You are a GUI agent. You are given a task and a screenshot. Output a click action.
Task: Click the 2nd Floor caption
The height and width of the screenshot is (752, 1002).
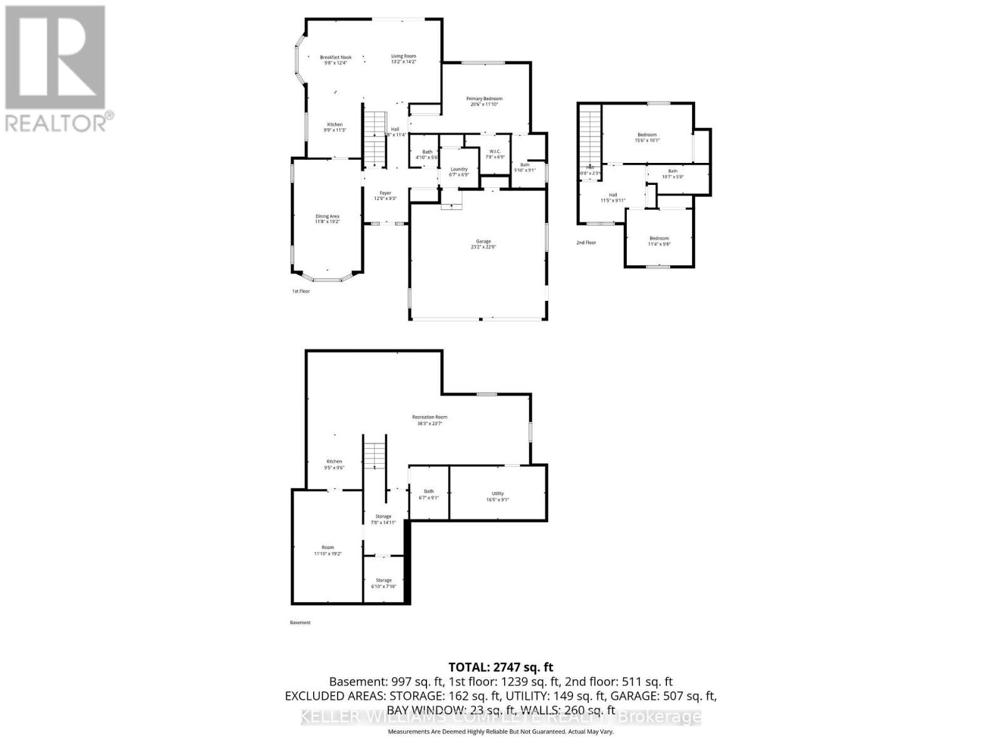(x=586, y=243)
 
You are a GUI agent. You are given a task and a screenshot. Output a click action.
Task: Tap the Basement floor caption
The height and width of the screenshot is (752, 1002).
(x=300, y=622)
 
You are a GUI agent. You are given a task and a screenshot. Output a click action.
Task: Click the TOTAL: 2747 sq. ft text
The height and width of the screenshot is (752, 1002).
(x=501, y=667)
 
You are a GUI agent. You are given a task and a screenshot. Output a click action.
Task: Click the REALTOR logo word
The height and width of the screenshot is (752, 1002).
(x=56, y=122)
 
